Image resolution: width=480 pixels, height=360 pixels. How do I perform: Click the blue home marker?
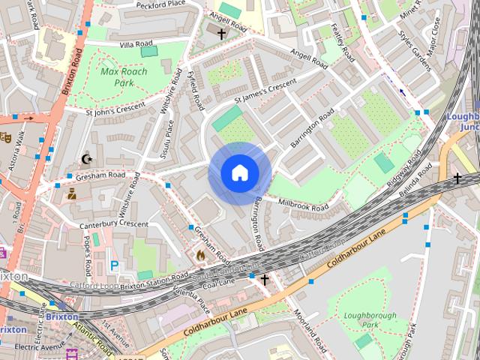[239, 173]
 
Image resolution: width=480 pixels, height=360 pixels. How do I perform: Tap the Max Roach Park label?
[124, 77]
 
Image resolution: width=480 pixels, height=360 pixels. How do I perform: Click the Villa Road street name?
[136, 45]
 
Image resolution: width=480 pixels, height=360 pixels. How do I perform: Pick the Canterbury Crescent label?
[114, 224]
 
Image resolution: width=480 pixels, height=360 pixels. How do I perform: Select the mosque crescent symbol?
[87, 159]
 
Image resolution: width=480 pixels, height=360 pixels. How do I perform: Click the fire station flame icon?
[200, 256]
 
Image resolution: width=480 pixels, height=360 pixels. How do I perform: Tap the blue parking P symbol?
[115, 265]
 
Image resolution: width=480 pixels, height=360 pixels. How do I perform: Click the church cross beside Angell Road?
[221, 34]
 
